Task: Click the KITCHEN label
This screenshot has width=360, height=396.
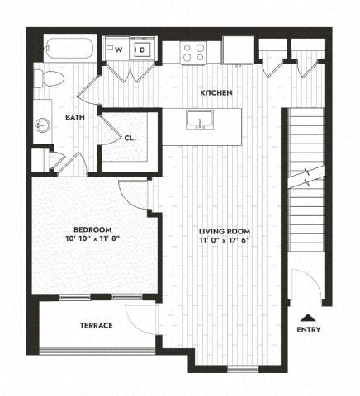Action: (217, 93)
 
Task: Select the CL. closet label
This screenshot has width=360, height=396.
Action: (130, 139)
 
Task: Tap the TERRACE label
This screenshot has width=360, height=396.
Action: (97, 325)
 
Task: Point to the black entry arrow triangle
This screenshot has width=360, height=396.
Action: (308, 317)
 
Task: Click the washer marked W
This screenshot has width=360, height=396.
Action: (119, 49)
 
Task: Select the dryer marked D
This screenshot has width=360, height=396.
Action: (141, 49)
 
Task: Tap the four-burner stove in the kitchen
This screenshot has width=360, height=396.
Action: (195, 53)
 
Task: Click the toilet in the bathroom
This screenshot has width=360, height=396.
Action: (50, 79)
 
